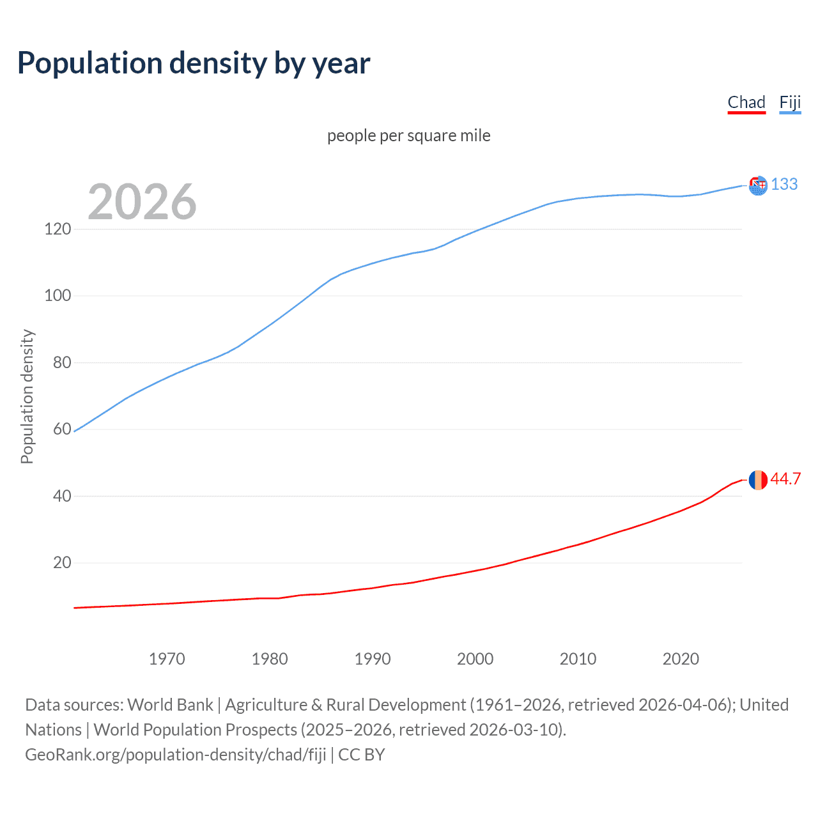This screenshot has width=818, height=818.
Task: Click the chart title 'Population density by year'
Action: tap(194, 63)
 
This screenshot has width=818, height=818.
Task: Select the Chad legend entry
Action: tap(746, 102)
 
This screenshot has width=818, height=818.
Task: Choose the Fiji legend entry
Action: tap(790, 102)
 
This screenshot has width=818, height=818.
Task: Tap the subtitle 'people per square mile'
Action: tap(408, 136)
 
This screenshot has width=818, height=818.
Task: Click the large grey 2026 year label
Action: tap(142, 202)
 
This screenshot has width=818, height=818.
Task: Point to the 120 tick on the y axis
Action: tap(58, 229)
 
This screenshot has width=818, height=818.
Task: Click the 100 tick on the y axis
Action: tap(58, 296)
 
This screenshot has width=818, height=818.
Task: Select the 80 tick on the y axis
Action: tap(62, 362)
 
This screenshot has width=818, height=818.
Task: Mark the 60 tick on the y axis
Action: tap(62, 429)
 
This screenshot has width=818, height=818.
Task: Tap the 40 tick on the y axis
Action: tap(62, 496)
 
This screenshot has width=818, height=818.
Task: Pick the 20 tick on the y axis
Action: tap(62, 562)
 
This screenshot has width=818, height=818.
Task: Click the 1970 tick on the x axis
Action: tap(167, 659)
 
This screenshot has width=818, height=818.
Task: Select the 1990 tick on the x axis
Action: tap(373, 659)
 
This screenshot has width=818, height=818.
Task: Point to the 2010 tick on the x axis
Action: tap(578, 659)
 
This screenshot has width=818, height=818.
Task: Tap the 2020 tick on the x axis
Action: tap(681, 659)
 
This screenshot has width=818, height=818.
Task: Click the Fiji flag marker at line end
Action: tap(758, 185)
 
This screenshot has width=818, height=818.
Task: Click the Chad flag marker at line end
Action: tap(758, 479)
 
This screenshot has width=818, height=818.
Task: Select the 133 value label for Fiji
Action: tap(784, 185)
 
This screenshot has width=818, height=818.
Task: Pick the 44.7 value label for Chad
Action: tap(785, 479)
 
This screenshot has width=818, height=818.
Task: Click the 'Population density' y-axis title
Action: tap(27, 396)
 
